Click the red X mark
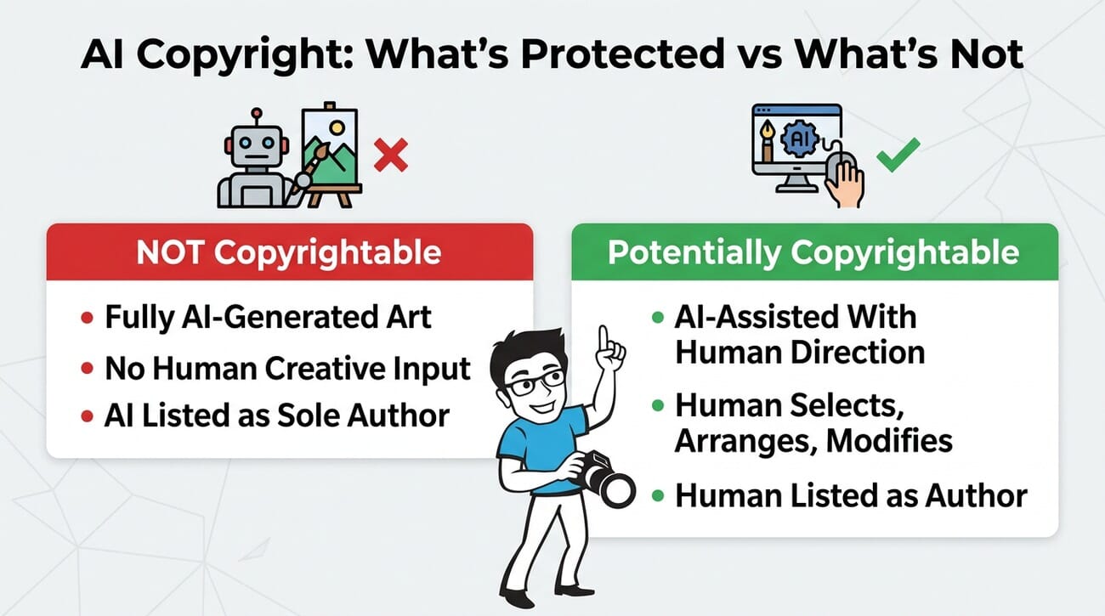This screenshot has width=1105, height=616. pyautogui.click(x=390, y=155)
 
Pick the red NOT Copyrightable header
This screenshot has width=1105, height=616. pyautogui.click(x=290, y=252)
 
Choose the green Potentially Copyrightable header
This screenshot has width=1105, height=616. pyautogui.click(x=814, y=252)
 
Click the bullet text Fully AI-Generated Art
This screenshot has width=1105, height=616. pyautogui.click(x=268, y=318)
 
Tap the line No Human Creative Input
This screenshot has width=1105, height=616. pyautogui.click(x=287, y=368)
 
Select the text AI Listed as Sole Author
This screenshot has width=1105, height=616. pyautogui.click(x=276, y=415)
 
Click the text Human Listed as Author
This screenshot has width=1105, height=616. pyautogui.click(x=851, y=495)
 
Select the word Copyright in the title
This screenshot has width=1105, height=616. pyautogui.click(x=213, y=56)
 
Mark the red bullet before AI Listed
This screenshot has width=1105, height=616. pyautogui.click(x=86, y=416)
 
